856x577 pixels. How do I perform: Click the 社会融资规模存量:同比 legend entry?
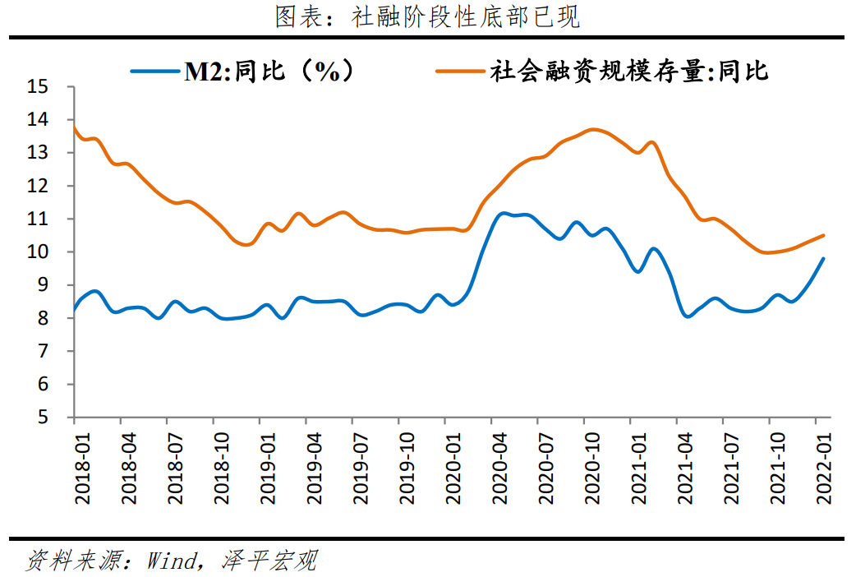point(607,72)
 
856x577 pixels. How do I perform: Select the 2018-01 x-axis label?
point(81,464)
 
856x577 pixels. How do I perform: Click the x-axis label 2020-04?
point(499,464)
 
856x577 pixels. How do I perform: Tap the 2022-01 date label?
point(825,464)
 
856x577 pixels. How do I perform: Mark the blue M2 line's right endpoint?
point(824,258)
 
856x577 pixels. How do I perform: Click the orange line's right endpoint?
point(824,235)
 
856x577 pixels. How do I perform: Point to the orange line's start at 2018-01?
point(74,126)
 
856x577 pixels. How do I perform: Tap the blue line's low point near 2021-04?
point(687,316)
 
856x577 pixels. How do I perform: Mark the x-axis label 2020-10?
point(592,464)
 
